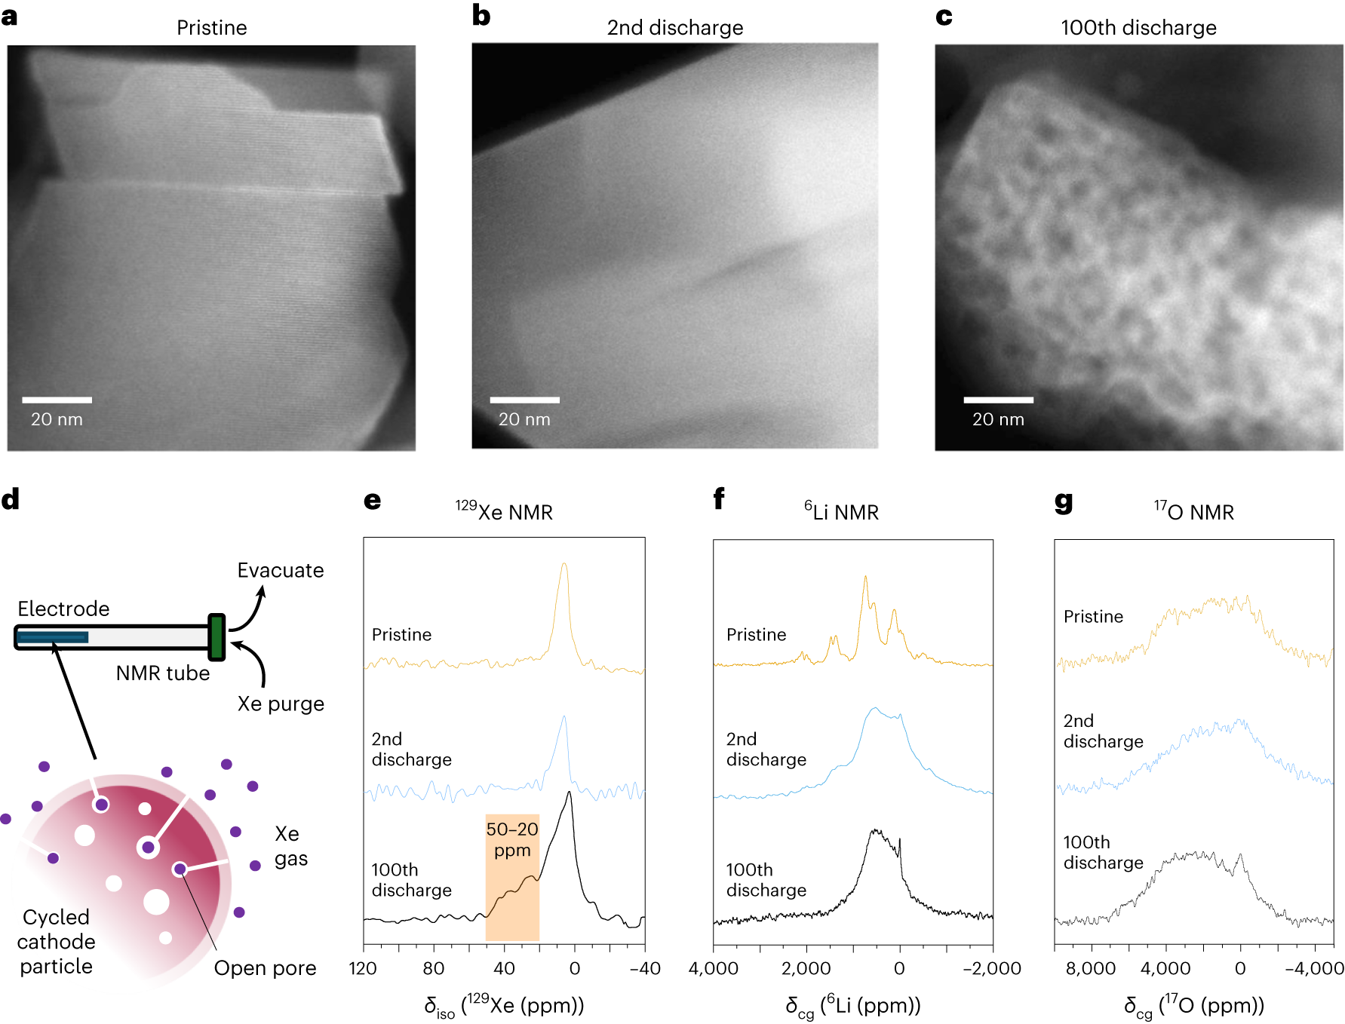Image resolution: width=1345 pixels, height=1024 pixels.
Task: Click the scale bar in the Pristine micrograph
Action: click(57, 400)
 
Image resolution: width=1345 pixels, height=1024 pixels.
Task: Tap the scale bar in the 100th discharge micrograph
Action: click(998, 400)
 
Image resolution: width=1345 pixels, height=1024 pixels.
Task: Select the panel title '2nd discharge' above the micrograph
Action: click(675, 28)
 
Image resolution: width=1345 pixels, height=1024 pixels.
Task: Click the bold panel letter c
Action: click(944, 17)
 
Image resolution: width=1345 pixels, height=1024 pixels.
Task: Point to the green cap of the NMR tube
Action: click(216, 637)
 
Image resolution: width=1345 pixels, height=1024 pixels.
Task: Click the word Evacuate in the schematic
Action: click(281, 570)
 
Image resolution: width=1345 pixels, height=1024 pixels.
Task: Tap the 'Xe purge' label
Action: click(281, 704)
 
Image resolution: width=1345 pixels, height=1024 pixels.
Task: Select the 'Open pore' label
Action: click(265, 968)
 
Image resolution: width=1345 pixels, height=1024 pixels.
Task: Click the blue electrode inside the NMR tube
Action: click(53, 637)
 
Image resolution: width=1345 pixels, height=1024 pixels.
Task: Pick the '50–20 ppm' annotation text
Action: click(512, 839)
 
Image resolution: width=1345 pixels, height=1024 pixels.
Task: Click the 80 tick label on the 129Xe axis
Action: click(434, 968)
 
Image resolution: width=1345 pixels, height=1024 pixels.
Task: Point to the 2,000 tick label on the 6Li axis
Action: click(806, 968)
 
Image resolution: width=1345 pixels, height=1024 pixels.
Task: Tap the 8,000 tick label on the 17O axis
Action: click(1091, 968)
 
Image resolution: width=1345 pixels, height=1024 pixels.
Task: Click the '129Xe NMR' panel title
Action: click(504, 512)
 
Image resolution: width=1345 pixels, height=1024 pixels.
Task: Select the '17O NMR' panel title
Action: click(1193, 512)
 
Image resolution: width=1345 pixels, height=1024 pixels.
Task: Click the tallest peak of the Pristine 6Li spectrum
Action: click(865, 578)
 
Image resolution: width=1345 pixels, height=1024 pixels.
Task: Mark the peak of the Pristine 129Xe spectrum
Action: click(563, 564)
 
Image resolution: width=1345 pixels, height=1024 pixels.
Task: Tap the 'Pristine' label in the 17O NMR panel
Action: click(1093, 617)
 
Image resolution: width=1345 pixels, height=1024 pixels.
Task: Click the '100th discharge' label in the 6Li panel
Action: click(766, 880)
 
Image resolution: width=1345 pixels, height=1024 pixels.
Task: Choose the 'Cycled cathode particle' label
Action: click(56, 942)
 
